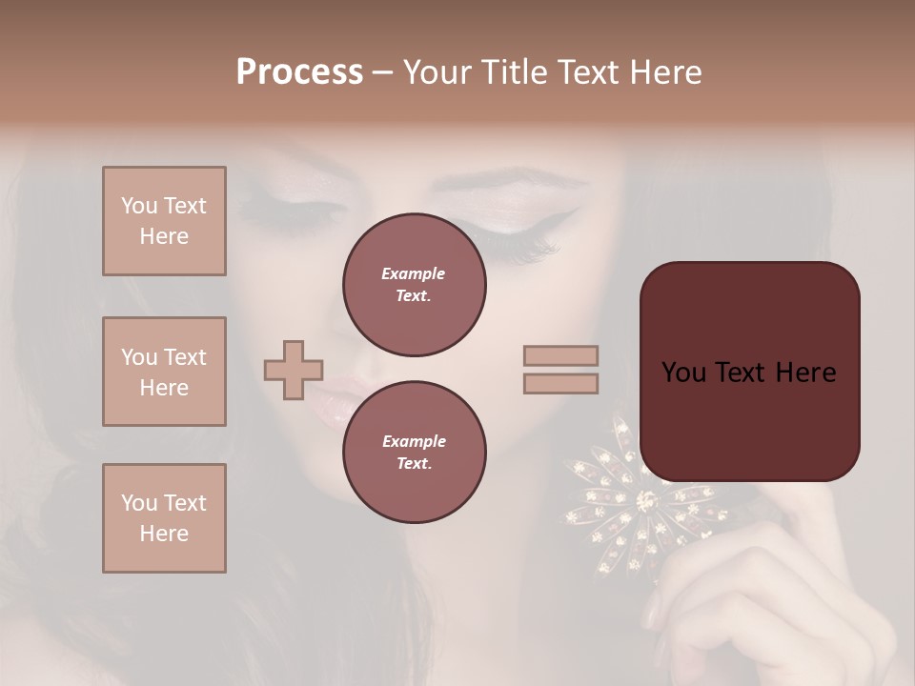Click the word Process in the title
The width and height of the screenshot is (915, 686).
(x=299, y=72)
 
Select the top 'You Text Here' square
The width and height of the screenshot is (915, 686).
(x=164, y=221)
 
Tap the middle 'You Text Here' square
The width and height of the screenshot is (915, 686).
(x=164, y=372)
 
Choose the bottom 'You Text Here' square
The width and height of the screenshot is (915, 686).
(x=164, y=517)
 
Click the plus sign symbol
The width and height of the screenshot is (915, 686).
(x=294, y=370)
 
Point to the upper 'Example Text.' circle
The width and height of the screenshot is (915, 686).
(x=414, y=285)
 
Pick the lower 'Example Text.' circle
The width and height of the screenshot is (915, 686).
(x=414, y=452)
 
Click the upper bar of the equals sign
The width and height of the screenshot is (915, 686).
(x=561, y=356)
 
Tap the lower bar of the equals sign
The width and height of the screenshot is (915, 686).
(x=561, y=383)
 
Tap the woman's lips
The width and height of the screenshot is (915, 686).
(x=329, y=400)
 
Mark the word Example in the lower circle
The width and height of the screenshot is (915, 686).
(x=414, y=441)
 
